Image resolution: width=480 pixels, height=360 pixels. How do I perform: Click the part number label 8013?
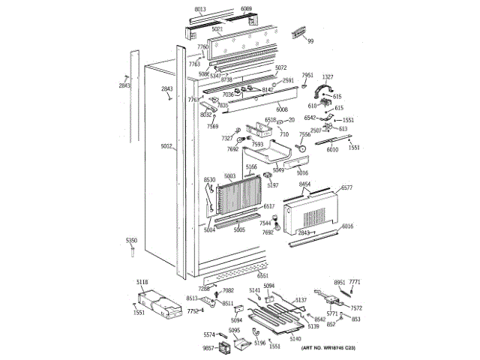click(199, 10)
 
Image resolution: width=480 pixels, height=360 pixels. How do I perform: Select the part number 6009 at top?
click(247, 10)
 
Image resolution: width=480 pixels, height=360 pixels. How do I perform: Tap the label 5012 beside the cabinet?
click(166, 148)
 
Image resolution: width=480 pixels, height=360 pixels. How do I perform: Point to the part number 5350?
click(131, 240)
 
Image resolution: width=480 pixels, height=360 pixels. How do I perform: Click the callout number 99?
click(310, 40)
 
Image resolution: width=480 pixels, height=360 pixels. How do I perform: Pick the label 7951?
click(307, 76)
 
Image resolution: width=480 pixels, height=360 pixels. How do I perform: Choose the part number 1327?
click(328, 76)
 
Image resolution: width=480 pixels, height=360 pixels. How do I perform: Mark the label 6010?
click(332, 149)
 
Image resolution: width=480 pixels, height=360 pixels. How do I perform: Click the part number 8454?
click(304, 184)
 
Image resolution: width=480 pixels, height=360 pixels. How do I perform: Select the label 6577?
click(346, 187)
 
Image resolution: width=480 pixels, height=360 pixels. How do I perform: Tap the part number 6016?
click(346, 226)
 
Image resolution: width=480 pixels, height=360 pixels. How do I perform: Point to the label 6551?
click(262, 276)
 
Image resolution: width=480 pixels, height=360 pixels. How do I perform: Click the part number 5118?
click(142, 282)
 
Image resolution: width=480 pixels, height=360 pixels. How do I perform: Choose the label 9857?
click(209, 348)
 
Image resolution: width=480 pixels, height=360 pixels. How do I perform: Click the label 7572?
click(356, 307)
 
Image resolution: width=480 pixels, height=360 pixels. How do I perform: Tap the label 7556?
click(305, 134)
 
